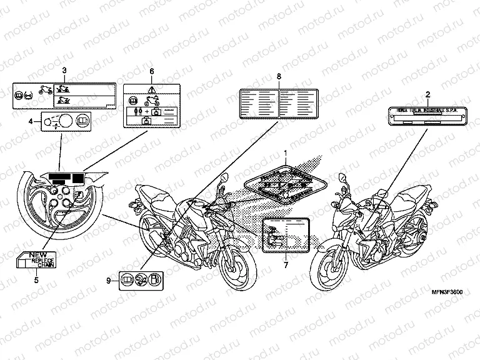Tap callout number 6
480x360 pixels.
pos(151,71)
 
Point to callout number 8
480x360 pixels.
pos(279,76)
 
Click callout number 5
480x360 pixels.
pos(36,280)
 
